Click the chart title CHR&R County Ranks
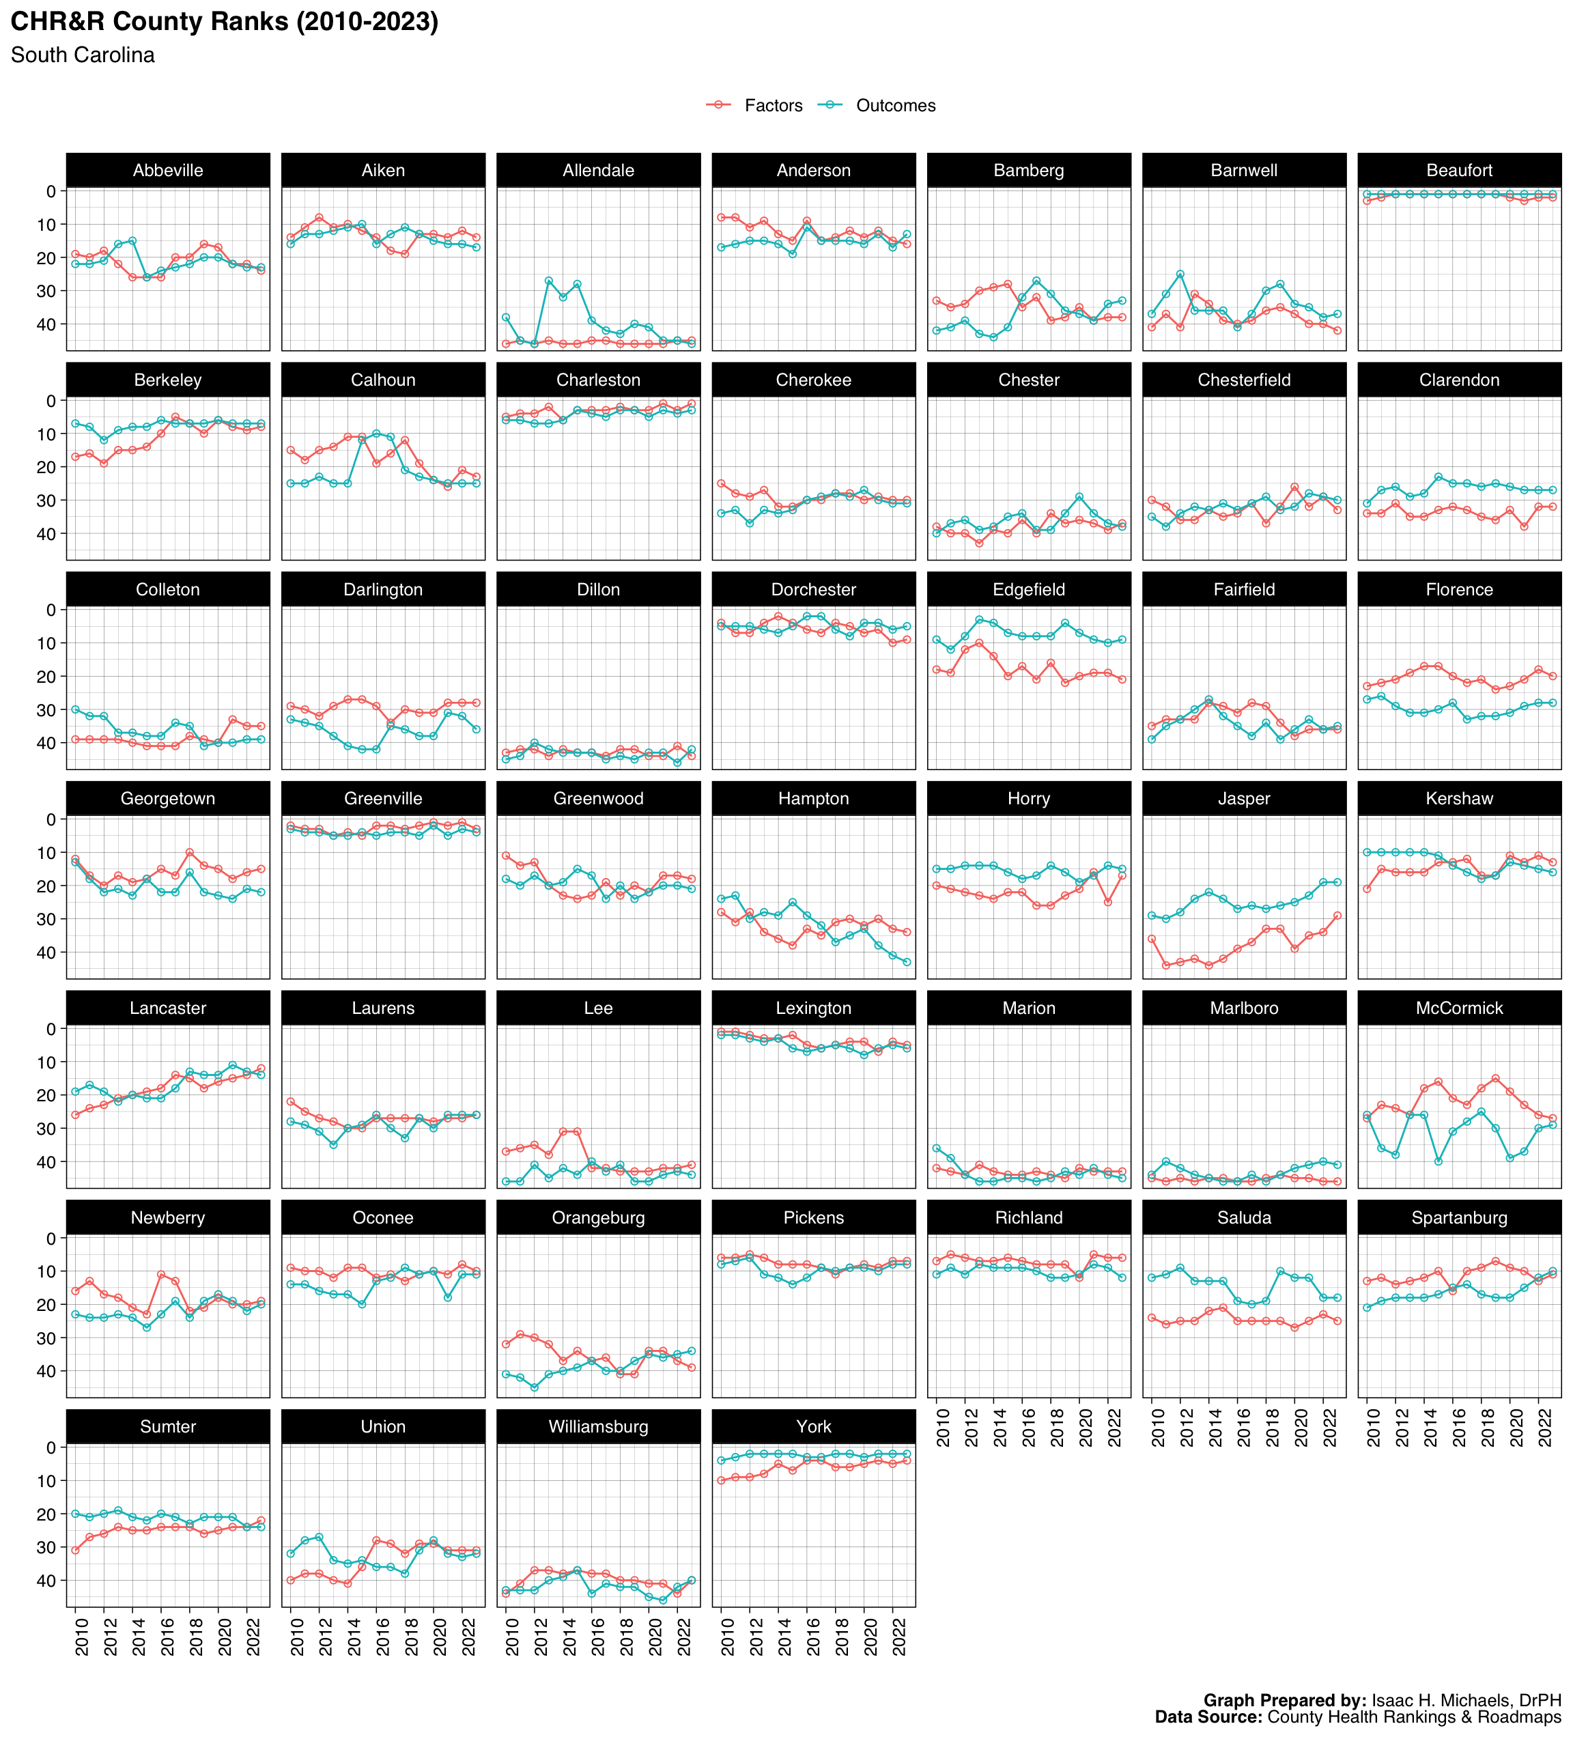[x=224, y=22]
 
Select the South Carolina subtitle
[x=83, y=55]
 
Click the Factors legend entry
[x=773, y=106]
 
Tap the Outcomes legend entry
[x=895, y=106]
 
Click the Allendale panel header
[x=598, y=171]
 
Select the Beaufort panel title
[x=1458, y=171]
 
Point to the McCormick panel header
[x=1458, y=1008]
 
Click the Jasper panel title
[x=1243, y=799]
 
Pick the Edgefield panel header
[x=1029, y=589]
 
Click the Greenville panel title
[x=383, y=799]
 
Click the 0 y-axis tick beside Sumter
[x=52, y=1447]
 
